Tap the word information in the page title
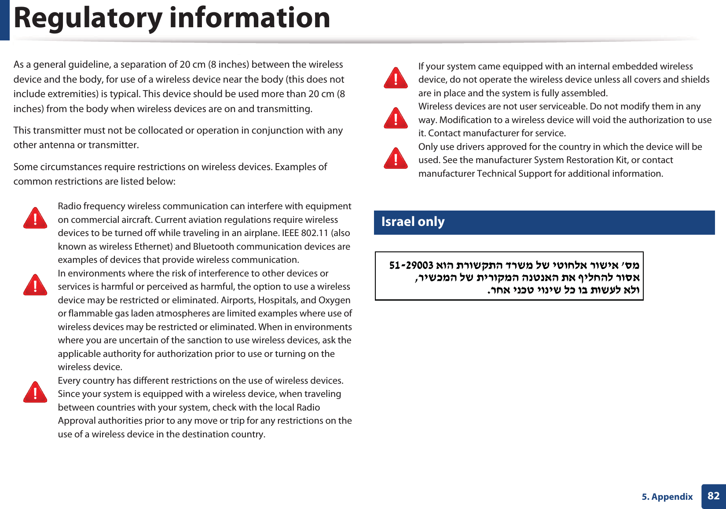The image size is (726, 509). [x=249, y=18]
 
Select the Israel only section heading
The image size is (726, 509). [x=413, y=222]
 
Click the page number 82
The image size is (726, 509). [x=713, y=496]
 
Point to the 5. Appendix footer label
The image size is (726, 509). [x=667, y=497]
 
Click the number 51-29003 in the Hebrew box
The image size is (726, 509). [x=411, y=265]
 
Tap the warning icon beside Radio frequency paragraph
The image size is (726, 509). [x=35, y=218]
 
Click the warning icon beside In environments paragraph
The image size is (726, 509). [x=35, y=285]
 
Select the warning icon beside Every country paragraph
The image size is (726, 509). [x=35, y=392]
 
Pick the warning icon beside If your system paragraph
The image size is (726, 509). [x=396, y=78]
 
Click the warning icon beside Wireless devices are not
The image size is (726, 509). [x=396, y=118]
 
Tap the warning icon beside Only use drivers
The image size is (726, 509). [x=396, y=158]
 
